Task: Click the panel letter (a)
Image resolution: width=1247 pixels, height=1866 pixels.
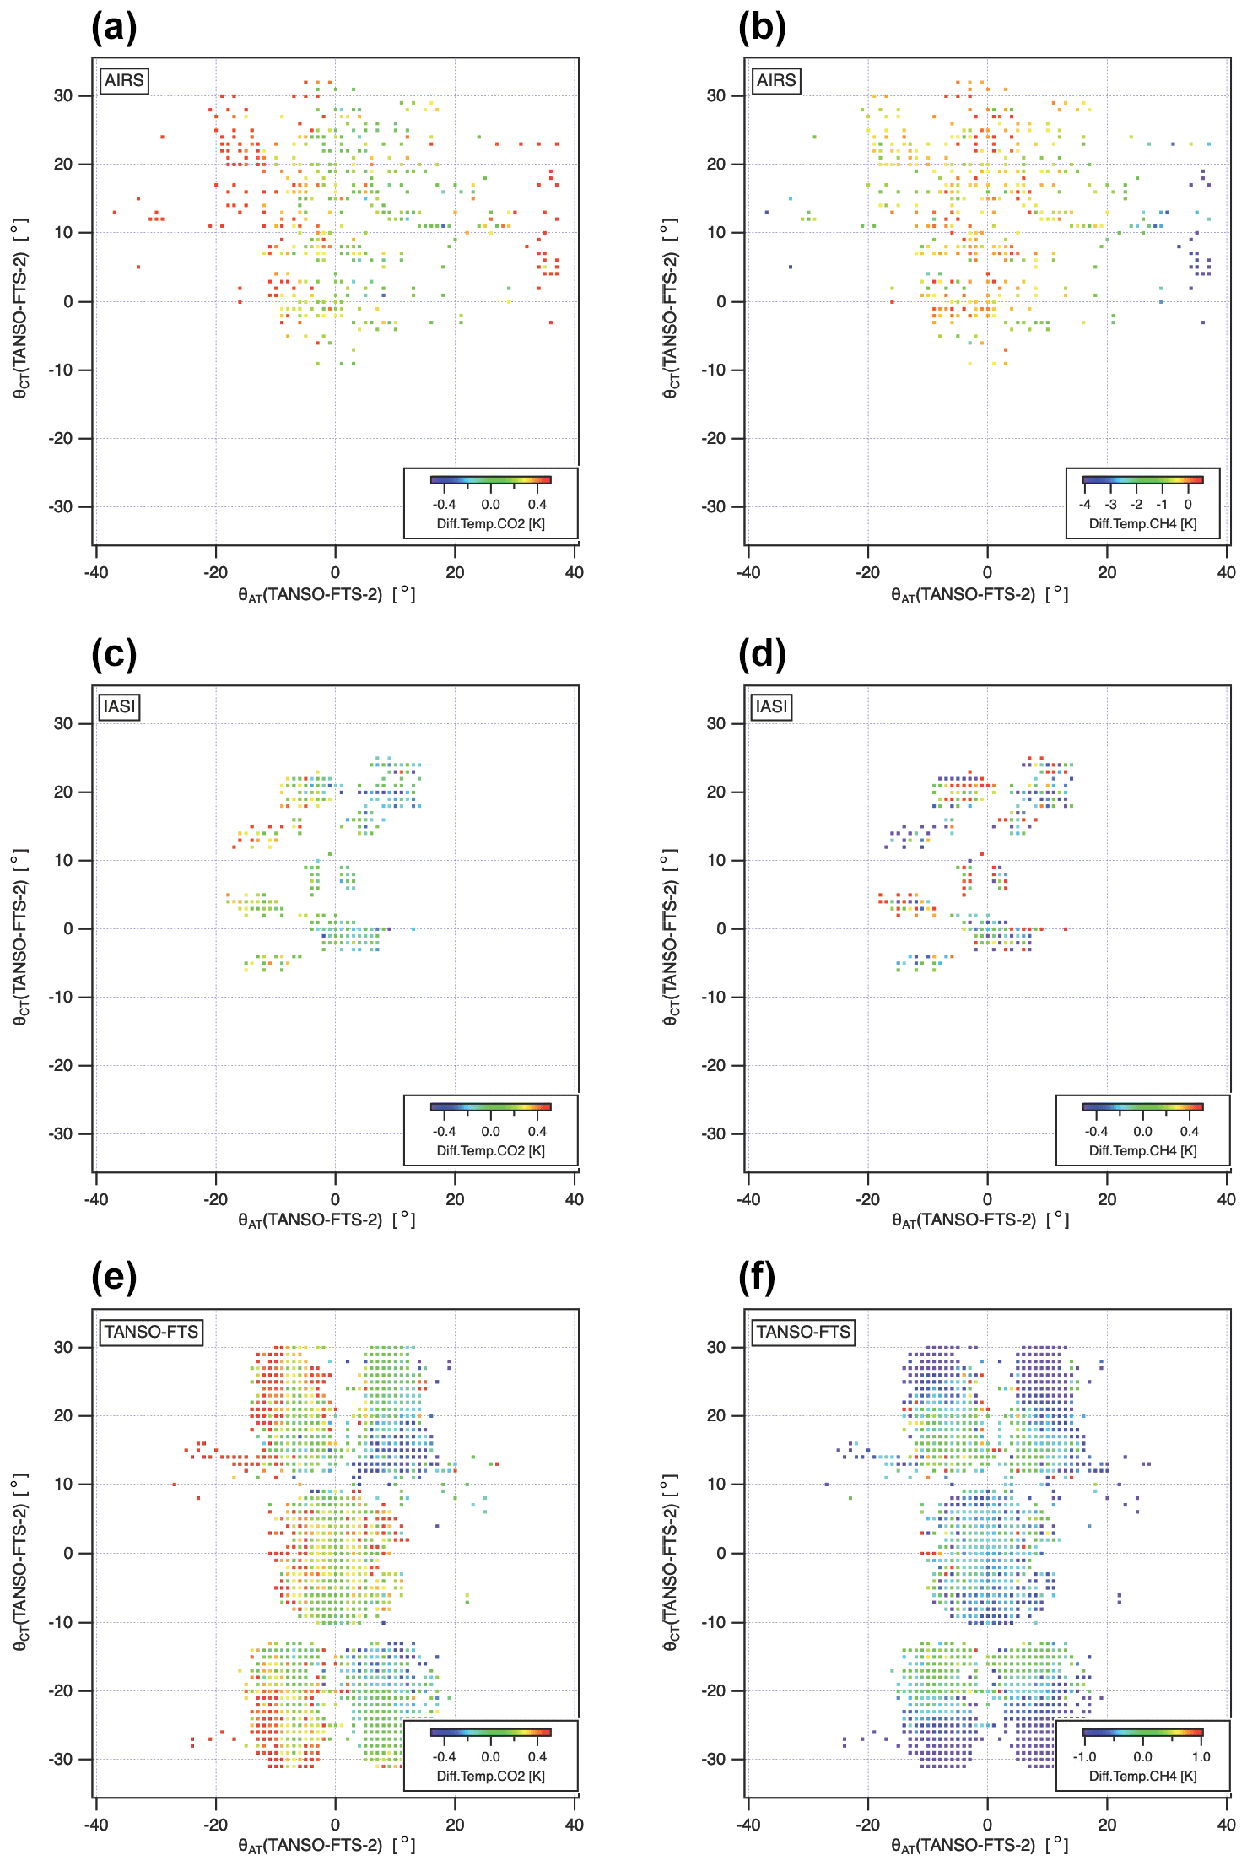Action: tap(114, 28)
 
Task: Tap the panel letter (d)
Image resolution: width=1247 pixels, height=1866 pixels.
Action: tap(762, 655)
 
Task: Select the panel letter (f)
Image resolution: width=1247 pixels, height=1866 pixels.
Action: tap(757, 1278)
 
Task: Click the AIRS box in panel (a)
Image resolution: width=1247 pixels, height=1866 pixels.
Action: tap(124, 80)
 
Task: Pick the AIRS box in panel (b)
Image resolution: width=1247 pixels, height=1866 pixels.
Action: tap(776, 80)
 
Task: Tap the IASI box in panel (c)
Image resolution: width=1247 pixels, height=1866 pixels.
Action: tap(119, 706)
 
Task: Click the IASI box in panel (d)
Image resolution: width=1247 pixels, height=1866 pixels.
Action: tap(771, 706)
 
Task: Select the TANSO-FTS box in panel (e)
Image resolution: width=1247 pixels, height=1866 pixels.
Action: tap(151, 1332)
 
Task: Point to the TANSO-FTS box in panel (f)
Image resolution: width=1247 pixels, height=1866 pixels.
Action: tap(803, 1332)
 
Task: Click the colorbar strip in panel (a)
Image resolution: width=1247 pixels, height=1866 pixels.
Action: tap(490, 479)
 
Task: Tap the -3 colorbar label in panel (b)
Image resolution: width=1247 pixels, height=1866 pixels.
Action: tap(1111, 505)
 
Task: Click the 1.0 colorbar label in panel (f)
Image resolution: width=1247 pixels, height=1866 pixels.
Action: tap(1201, 1756)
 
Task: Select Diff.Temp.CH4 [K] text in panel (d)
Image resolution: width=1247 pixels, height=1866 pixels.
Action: tap(1142, 1150)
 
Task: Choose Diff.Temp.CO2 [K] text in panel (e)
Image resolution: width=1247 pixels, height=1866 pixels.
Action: tap(490, 1776)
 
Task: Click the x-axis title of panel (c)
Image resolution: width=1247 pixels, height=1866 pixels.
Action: tap(327, 1220)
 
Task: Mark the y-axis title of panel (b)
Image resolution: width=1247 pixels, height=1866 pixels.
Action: tap(670, 308)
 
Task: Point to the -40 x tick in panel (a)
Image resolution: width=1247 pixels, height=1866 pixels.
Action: tap(96, 572)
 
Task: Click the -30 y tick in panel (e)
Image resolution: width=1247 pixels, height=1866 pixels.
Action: tap(62, 1759)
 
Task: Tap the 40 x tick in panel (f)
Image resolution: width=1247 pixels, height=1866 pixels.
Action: tap(1226, 1825)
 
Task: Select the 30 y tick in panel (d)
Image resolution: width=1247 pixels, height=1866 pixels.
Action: tap(715, 723)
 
